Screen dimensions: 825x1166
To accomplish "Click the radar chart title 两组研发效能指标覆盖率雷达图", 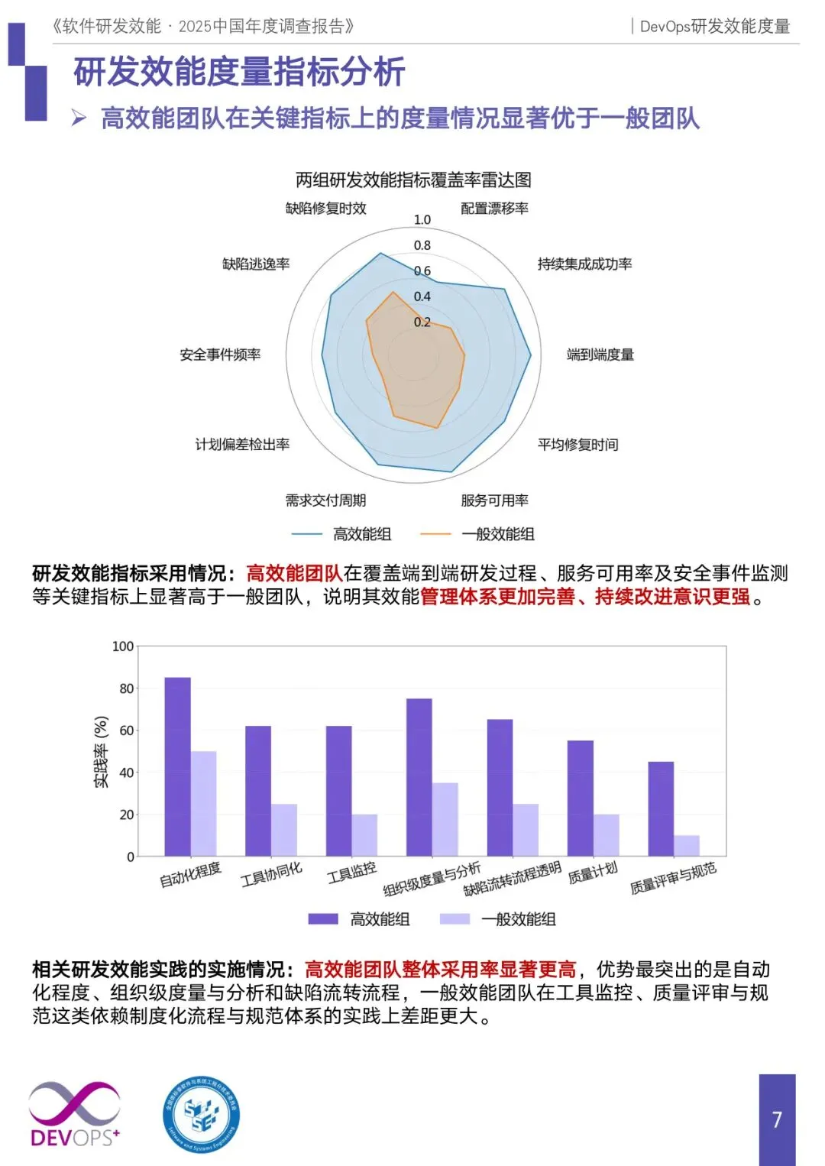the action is (413, 180).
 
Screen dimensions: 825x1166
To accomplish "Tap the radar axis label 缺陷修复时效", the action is (326, 209).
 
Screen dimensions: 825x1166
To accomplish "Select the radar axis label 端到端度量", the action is (600, 355).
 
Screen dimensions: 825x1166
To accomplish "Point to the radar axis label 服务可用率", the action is (494, 500).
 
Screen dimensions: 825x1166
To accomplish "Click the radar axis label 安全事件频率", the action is (220, 355).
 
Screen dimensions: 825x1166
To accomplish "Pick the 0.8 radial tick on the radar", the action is (422, 245).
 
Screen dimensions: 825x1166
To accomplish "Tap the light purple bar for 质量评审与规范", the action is (687, 845).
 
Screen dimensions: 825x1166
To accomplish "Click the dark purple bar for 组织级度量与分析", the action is (419, 777).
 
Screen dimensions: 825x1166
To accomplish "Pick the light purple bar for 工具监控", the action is (364, 834).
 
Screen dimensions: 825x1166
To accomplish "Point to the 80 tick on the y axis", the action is (126, 688).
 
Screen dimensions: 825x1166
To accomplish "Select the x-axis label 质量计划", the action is (593, 873).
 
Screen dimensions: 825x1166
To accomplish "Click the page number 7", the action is (777, 1119).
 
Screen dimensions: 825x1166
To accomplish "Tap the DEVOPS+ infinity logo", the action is (74, 1114).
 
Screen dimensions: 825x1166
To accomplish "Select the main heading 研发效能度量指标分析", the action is (239, 73).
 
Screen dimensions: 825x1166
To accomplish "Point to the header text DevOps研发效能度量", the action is (714, 27).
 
